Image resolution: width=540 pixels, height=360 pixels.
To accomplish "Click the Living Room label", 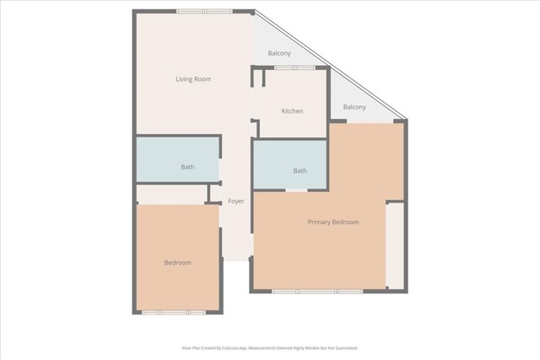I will [x=192, y=79].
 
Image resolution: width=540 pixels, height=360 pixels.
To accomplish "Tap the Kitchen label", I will [x=292, y=111].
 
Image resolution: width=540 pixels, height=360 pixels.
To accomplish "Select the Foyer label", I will [x=236, y=201].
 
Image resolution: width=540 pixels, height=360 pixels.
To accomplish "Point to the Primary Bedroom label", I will [x=333, y=223].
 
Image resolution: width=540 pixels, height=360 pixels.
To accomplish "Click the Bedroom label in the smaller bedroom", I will [x=177, y=263].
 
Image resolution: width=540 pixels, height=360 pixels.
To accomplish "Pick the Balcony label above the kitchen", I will [x=279, y=53].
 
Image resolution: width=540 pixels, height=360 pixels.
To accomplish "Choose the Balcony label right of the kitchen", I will [x=354, y=107].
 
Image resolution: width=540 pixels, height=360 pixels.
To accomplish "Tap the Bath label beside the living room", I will [x=187, y=167].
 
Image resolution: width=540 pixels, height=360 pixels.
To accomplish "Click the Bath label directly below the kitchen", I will [x=300, y=171].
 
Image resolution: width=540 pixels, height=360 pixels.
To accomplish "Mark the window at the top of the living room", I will [x=203, y=11].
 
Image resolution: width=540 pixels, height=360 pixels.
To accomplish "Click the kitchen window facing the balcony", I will [x=294, y=67].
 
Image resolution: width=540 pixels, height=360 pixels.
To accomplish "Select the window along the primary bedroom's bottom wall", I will [x=317, y=292].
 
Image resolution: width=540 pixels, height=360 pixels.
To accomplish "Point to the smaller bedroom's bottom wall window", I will [x=173, y=312].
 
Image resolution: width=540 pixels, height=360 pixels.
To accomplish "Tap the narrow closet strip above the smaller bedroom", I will [x=172, y=194].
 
